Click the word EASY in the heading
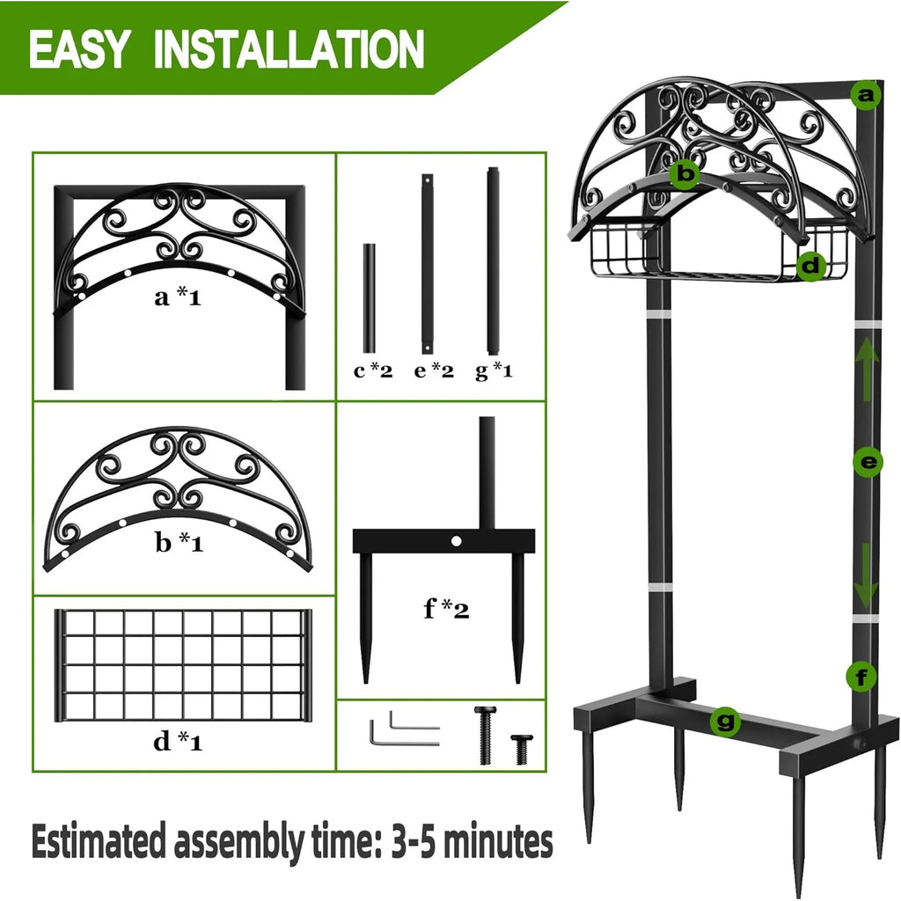(x=82, y=48)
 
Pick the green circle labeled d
(x=811, y=265)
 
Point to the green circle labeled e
(x=867, y=462)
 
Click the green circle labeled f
(x=861, y=677)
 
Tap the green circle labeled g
(x=725, y=722)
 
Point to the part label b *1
(x=179, y=543)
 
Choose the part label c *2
(x=372, y=370)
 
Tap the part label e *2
(x=434, y=370)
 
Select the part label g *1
(x=494, y=370)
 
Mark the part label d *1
(x=179, y=742)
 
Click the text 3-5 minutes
(x=471, y=843)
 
